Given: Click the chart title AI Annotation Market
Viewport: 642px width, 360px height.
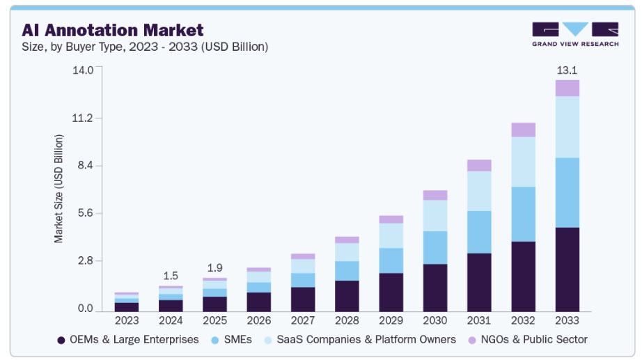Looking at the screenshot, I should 113,30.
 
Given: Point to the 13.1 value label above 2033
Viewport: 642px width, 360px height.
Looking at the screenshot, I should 567,70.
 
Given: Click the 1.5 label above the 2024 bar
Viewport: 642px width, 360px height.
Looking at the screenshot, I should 171,276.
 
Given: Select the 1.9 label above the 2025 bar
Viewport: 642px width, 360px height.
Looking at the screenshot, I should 214,268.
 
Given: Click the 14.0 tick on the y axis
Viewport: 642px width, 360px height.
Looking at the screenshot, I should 81,70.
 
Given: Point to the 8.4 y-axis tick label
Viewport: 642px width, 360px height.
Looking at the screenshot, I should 84,166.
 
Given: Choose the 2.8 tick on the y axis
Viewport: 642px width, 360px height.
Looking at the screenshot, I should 84,261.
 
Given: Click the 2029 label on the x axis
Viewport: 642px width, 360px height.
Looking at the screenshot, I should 391,320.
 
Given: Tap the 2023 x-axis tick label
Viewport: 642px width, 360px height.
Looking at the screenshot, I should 127,320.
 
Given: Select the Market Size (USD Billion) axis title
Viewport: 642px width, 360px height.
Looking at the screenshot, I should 59,188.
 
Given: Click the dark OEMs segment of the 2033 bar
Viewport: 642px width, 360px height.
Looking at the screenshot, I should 567,269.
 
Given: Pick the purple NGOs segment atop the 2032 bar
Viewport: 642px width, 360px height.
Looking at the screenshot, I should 523,130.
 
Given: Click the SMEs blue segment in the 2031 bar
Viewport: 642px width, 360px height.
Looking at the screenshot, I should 479,232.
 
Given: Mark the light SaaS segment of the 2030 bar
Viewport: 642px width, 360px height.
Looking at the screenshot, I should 435,215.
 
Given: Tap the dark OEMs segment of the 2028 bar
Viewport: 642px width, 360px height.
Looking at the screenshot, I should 347,296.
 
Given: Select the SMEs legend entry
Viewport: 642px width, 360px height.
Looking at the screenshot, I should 230,340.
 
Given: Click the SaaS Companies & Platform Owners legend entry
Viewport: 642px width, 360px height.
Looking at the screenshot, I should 359,340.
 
